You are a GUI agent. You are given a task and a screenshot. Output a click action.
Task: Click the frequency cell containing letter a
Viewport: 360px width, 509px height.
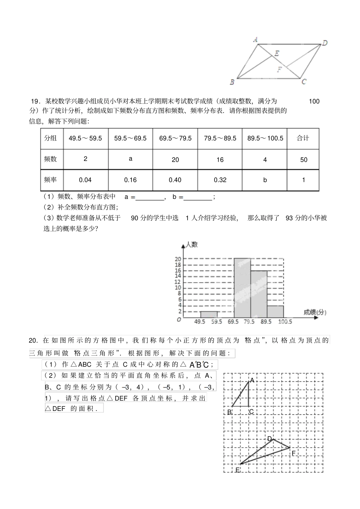click(131, 159)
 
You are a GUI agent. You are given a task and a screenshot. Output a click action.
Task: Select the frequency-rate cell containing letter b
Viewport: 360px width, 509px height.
click(265, 180)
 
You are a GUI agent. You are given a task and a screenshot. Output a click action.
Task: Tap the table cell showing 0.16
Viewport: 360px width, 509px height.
click(130, 180)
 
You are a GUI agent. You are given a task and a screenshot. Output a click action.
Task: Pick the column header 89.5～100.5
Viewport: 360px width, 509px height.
click(265, 138)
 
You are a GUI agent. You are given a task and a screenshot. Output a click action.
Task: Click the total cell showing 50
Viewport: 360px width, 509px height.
click(304, 159)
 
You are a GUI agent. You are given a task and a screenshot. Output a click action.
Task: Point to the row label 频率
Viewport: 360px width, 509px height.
click(50, 180)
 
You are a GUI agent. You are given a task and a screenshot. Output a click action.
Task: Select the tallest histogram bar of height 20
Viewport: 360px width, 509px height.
click(242, 288)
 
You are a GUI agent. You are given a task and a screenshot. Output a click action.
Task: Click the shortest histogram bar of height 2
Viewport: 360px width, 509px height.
click(209, 314)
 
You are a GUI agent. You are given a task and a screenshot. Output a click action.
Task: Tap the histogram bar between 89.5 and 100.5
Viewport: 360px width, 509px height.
click(275, 311)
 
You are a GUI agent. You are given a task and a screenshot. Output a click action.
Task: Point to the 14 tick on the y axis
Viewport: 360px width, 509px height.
click(178, 276)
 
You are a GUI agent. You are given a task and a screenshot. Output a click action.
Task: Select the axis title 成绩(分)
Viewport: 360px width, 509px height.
click(315, 312)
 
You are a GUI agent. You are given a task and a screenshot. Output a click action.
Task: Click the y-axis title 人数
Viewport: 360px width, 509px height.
click(192, 245)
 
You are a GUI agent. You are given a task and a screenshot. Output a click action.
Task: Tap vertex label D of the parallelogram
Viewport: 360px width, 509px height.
click(325, 43)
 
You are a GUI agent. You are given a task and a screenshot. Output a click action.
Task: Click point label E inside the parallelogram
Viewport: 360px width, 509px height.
click(277, 53)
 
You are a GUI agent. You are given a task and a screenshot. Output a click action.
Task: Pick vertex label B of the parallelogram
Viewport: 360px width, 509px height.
click(232, 82)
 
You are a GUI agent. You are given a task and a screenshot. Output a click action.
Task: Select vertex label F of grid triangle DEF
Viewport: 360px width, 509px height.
click(293, 453)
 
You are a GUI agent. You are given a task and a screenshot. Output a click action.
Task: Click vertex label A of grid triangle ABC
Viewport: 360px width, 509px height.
click(252, 380)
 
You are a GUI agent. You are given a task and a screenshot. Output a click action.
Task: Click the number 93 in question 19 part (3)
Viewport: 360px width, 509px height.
click(290, 218)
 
